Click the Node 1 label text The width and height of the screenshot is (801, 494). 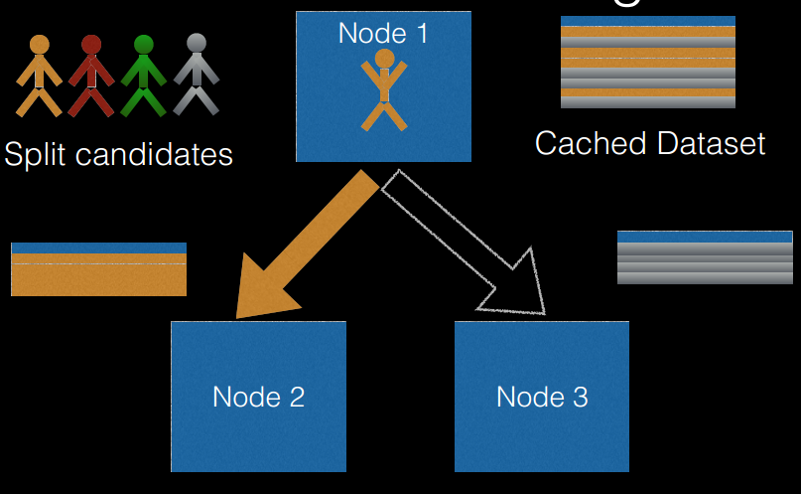383,33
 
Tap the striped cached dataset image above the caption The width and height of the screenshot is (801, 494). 647,62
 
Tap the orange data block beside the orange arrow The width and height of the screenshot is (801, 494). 98,269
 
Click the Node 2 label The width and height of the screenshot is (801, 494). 258,397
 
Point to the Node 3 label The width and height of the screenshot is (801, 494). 542,397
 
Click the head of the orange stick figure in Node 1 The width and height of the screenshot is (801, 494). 384,59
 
